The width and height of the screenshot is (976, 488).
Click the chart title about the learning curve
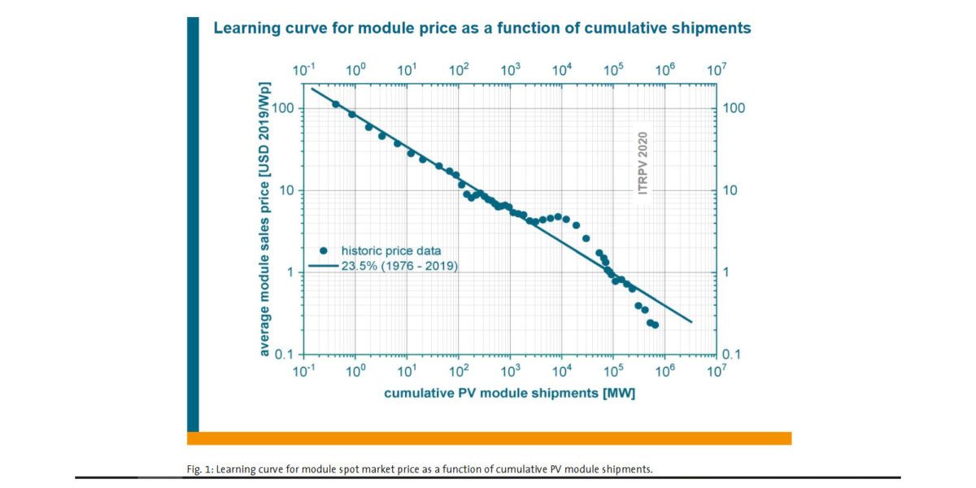click(481, 28)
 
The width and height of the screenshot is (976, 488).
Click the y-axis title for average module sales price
click(265, 220)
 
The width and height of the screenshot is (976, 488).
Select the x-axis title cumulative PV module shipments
click(509, 394)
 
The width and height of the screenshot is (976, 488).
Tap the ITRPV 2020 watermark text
click(643, 163)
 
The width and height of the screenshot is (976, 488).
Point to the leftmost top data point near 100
click(336, 104)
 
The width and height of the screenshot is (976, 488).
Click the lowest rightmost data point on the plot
click(655, 325)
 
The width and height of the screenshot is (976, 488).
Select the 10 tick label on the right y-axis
click(730, 191)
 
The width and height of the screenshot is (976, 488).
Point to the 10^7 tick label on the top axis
click(715, 70)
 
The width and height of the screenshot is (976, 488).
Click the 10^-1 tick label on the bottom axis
click(303, 373)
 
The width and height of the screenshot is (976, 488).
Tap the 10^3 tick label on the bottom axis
click(510, 373)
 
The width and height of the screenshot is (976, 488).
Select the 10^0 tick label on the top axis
click(355, 70)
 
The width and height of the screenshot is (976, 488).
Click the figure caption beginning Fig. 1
click(419, 468)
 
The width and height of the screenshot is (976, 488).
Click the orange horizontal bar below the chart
click(489, 438)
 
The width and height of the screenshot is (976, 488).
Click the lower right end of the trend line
click(691, 322)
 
